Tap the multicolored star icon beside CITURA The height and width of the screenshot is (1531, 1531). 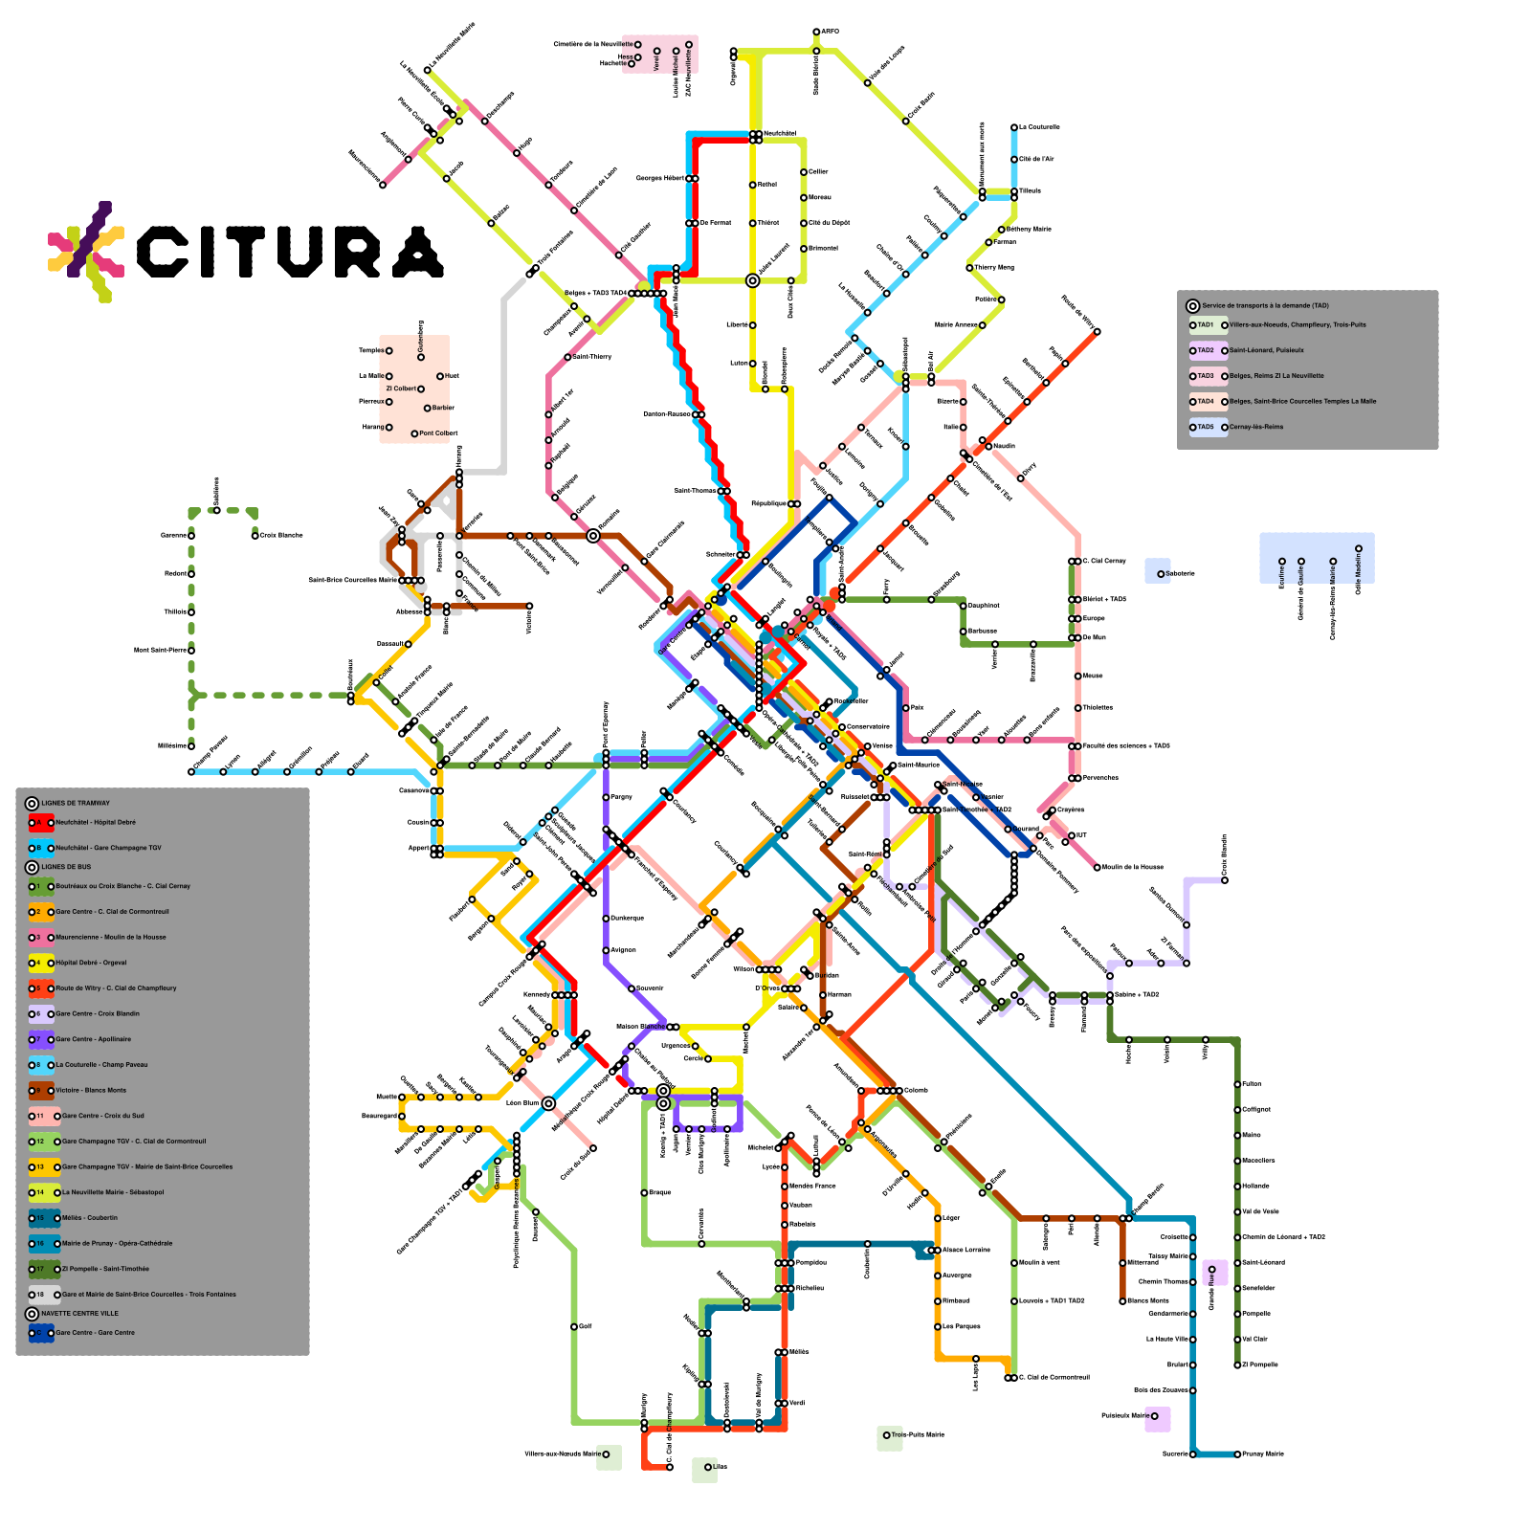pos(86,251)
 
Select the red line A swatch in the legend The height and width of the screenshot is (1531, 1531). pos(41,823)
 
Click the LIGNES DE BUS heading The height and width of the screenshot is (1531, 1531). pos(66,867)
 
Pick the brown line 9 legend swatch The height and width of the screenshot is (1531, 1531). pos(41,1091)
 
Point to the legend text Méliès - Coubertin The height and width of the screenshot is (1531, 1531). pos(90,1218)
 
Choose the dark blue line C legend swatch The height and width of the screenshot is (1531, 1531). pos(41,1333)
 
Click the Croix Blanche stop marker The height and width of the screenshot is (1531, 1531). pos(255,536)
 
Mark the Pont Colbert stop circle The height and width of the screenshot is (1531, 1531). pos(414,433)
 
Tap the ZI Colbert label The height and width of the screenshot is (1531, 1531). pos(401,388)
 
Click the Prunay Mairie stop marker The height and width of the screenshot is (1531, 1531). pos(1237,1454)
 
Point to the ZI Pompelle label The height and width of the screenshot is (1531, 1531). pos(1260,1365)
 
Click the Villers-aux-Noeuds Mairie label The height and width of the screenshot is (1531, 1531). pos(563,1454)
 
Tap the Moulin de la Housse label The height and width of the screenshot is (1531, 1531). pos(1133,868)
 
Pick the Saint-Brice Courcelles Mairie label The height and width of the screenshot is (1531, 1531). pos(352,580)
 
